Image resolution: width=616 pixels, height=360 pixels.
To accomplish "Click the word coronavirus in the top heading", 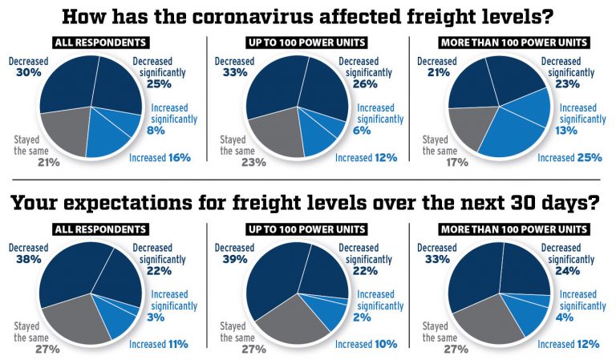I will [x=241, y=16].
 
